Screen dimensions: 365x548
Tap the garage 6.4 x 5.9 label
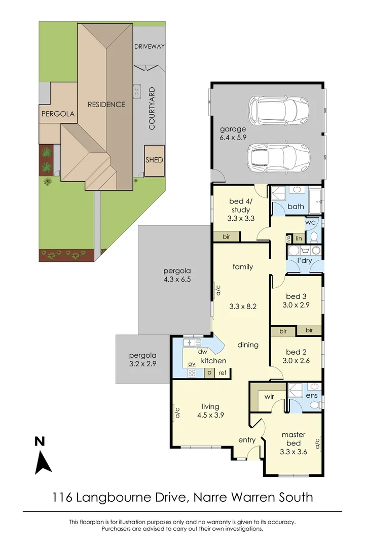[x=233, y=133]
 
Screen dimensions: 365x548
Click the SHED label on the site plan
[x=154, y=160]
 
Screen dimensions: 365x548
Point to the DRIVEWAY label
[x=150, y=46]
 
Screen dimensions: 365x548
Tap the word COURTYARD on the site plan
[x=152, y=109]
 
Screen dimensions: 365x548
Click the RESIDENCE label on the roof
[x=106, y=104]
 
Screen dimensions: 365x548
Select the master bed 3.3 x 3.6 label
[x=294, y=443]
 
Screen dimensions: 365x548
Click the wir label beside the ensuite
[x=269, y=396]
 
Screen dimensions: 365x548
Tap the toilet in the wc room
[x=314, y=236]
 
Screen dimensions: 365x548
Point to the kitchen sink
[x=192, y=342]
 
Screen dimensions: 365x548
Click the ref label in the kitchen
[x=223, y=372]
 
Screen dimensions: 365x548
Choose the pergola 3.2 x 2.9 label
[x=142, y=359]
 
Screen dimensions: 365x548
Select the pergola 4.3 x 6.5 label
[x=177, y=275]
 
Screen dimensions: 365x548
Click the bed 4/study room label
[x=241, y=210]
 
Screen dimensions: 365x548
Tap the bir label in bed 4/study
[x=226, y=236]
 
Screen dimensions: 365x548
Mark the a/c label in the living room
[x=177, y=413]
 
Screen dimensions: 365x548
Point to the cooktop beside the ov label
[x=192, y=373]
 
